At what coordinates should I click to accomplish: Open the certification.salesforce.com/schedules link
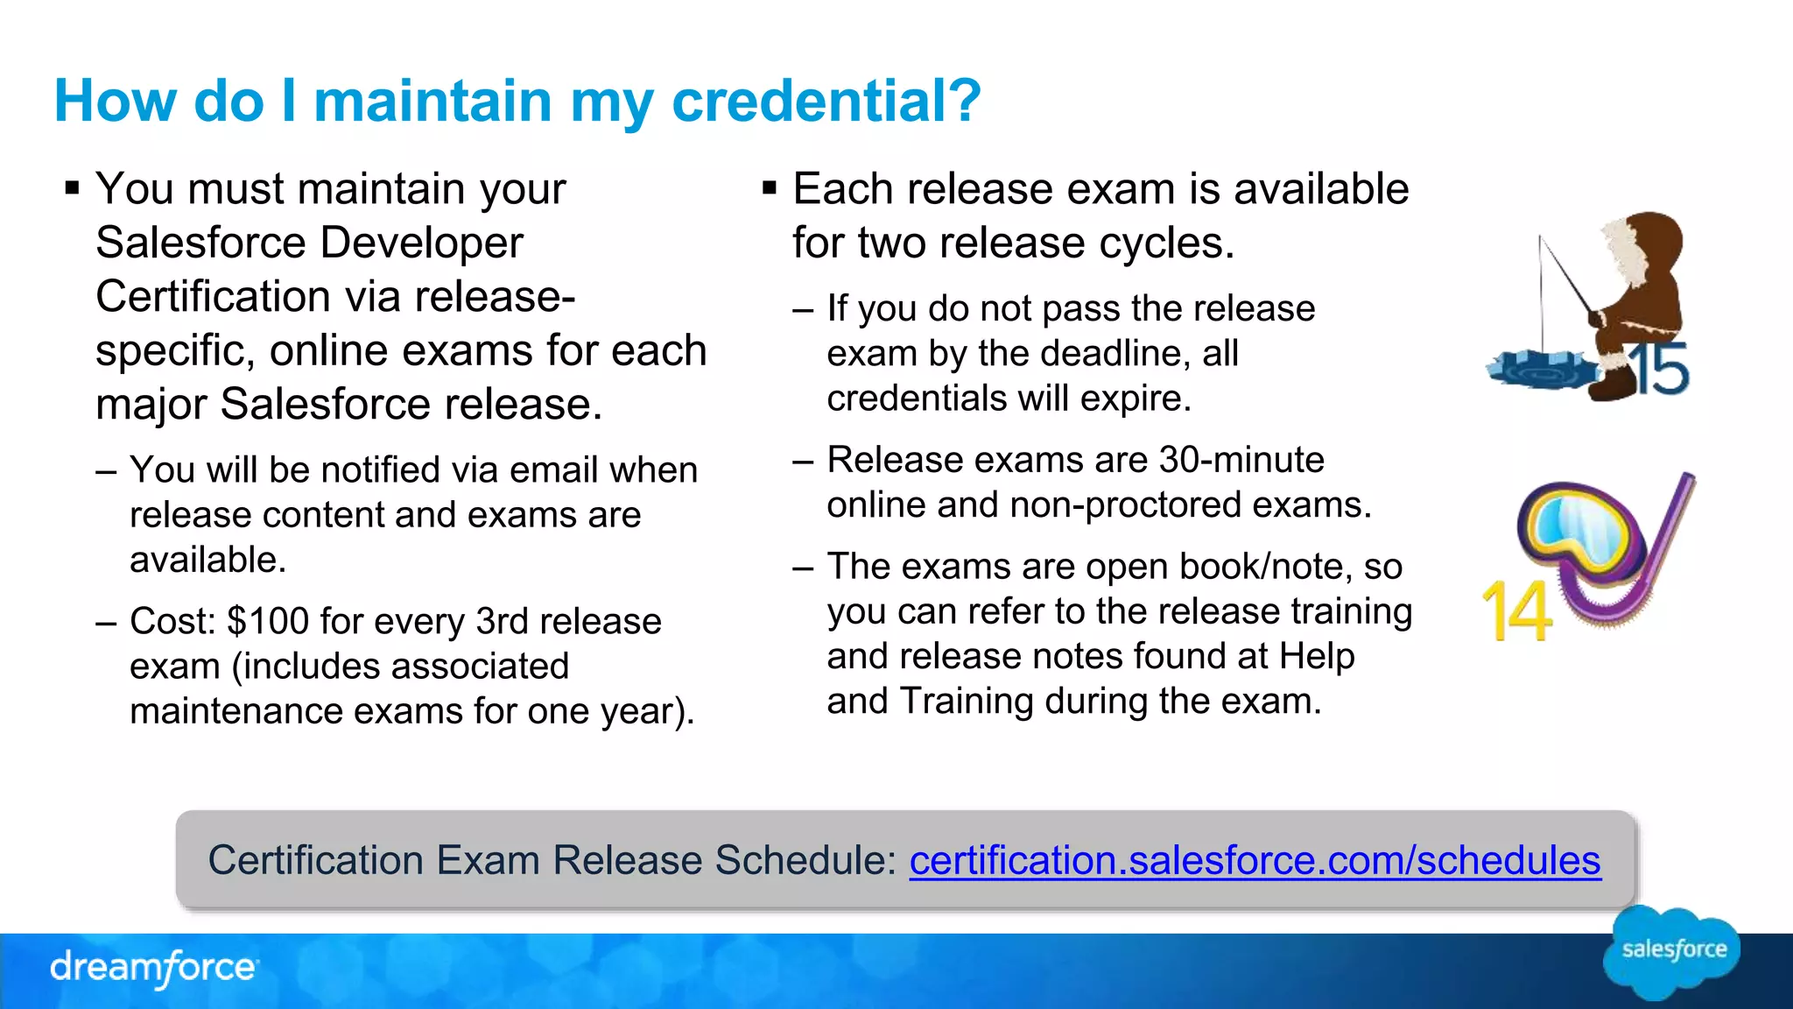1255,860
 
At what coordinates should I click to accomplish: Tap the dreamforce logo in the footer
154,968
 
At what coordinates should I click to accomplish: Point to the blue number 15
1660,369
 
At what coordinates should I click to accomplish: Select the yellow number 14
1517,610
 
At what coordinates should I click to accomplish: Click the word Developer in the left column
422,243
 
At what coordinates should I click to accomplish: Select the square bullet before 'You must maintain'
73,188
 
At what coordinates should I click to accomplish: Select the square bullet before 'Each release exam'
770,188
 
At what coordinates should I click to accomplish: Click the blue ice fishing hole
1541,369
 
